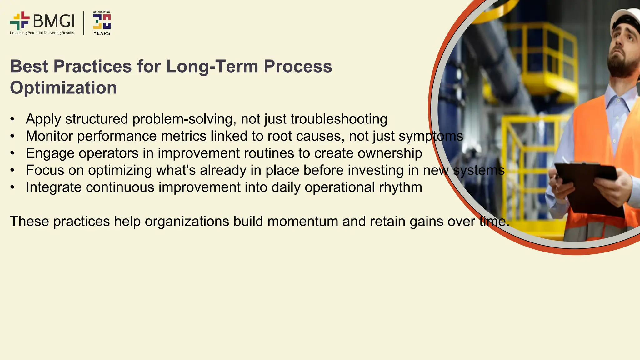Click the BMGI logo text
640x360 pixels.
pos(54,21)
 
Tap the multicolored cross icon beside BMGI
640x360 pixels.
pos(20,21)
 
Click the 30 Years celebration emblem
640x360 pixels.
pos(102,23)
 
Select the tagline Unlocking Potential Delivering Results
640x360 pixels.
pos(42,33)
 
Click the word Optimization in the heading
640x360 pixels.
pos(63,87)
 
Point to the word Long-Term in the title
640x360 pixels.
pos(212,66)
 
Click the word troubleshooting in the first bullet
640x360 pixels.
pos(339,119)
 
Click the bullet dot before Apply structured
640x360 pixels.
pos(12,119)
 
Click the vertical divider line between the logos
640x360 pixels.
pos(84,23)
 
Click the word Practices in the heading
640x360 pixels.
pos(92,66)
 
